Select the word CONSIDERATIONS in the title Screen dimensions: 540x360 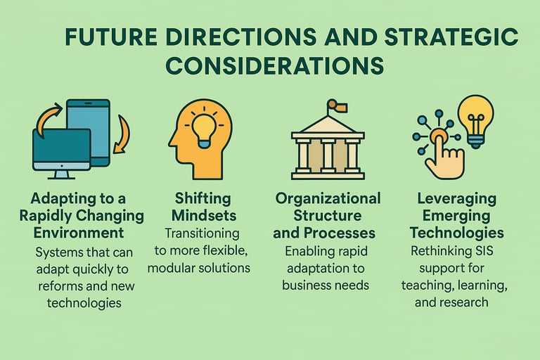point(274,65)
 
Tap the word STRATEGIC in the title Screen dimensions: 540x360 point(451,37)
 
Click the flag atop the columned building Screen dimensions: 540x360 point(337,105)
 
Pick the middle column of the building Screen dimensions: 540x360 point(328,155)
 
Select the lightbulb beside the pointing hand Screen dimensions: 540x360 point(475,121)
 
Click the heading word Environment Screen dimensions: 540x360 point(79,233)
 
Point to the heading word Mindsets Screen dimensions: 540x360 point(204,216)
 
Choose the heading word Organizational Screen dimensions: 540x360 point(328,199)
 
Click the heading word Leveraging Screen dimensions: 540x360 point(457,199)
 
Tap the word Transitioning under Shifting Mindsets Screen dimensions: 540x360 point(202,233)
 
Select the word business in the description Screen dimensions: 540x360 point(302,285)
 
